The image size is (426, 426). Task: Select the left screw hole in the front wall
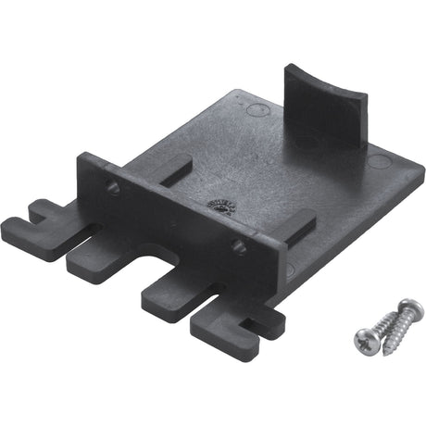[113, 189]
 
